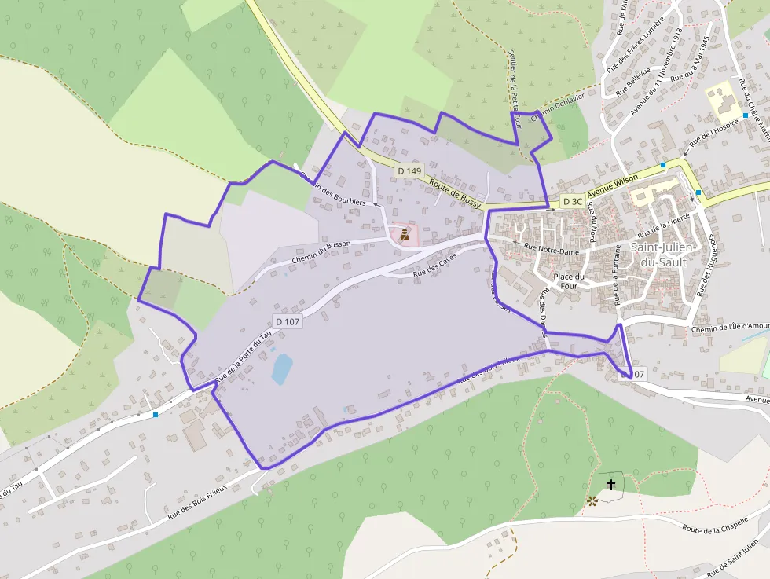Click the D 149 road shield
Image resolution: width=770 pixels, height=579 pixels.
pos(409,170)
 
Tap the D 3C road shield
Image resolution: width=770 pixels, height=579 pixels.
pos(573,202)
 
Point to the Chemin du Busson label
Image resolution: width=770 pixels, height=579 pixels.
pos(321,251)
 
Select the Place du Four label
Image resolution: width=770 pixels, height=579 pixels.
pos(569,281)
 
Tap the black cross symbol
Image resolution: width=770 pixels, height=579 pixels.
pos(611,485)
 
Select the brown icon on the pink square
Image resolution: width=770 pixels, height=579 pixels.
pos(405,235)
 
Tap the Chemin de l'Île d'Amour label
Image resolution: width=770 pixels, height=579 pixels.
pos(730,327)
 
